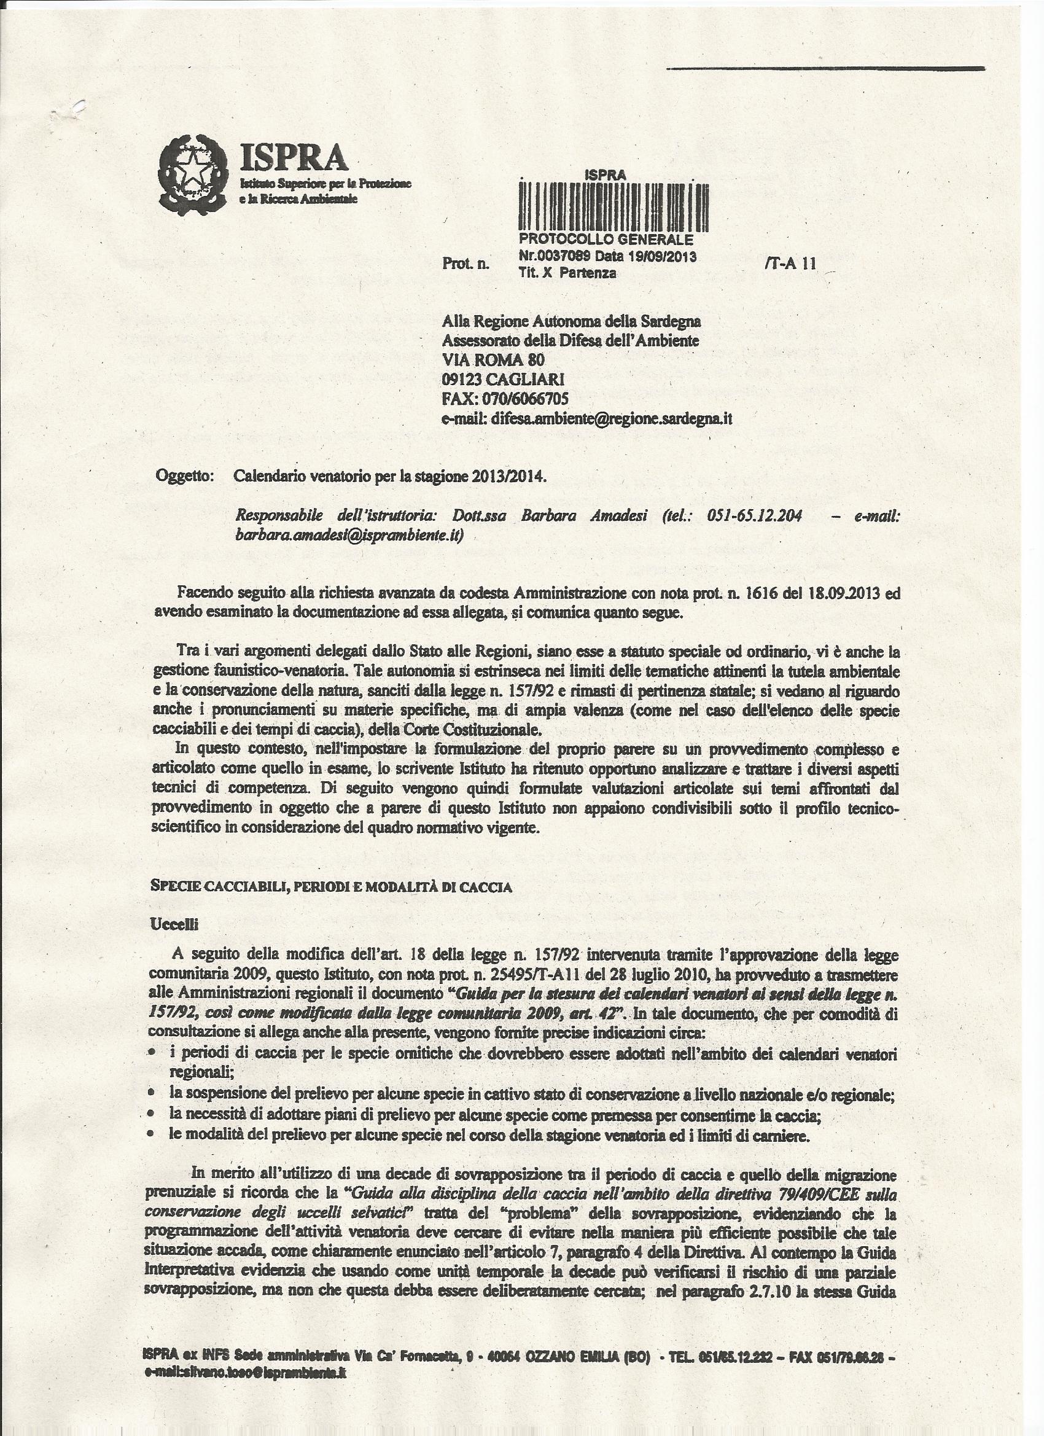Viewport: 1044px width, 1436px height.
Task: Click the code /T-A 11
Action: pyautogui.click(x=790, y=264)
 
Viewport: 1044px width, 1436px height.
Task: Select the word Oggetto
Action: pyautogui.click(x=184, y=477)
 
